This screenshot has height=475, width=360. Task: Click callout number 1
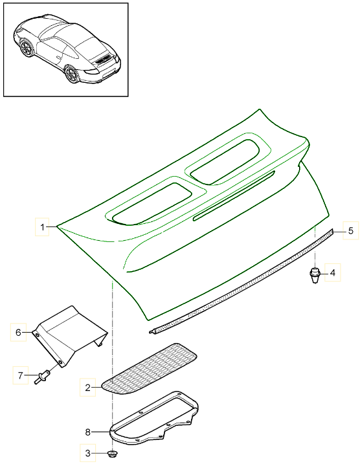click(x=43, y=227)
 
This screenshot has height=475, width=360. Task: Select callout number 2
click(x=87, y=388)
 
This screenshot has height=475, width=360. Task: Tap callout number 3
click(x=88, y=453)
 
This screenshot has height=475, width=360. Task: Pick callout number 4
click(x=333, y=272)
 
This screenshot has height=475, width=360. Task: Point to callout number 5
click(x=350, y=231)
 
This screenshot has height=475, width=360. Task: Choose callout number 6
click(x=18, y=333)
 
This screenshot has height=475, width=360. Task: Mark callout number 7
click(x=20, y=375)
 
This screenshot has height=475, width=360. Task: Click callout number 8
click(x=88, y=432)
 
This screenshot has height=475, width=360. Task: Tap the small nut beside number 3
click(x=113, y=454)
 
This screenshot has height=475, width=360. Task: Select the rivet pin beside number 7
click(x=42, y=375)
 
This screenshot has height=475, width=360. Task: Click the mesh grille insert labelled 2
click(x=149, y=368)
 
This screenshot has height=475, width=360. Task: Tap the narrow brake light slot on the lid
click(x=234, y=195)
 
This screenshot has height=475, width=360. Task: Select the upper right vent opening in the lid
click(x=225, y=162)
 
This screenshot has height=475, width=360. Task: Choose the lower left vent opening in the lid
click(x=152, y=204)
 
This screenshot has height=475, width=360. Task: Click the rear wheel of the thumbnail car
click(x=72, y=74)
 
